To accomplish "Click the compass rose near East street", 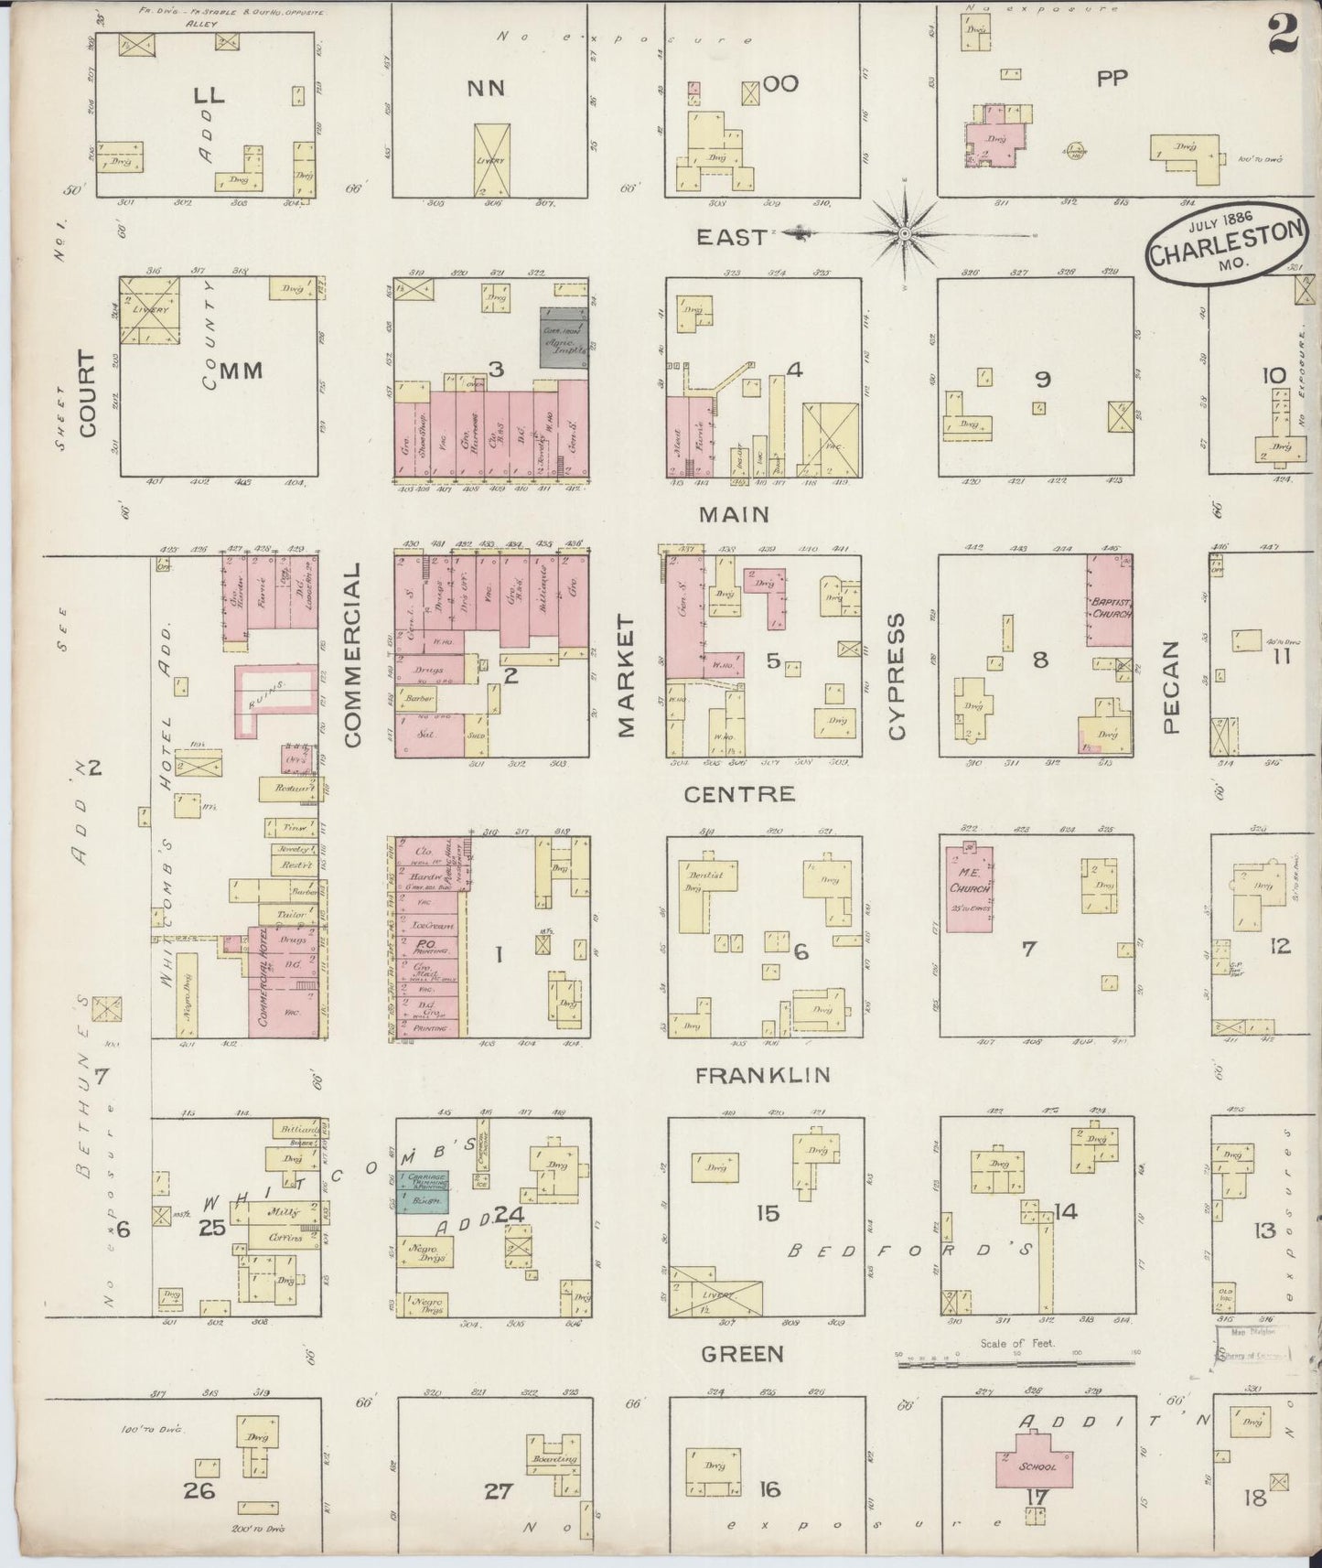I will [904, 234].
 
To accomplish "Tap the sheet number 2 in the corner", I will [1283, 37].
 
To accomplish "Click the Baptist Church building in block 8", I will [1110, 601].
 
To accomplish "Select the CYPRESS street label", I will [897, 675].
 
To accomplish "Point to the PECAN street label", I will [1172, 686].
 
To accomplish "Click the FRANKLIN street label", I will [762, 1076].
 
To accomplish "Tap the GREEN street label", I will [742, 1354].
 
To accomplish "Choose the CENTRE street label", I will [739, 794].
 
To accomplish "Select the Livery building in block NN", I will [493, 160].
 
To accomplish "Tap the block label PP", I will [1112, 78].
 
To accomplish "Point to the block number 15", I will [768, 1213].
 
